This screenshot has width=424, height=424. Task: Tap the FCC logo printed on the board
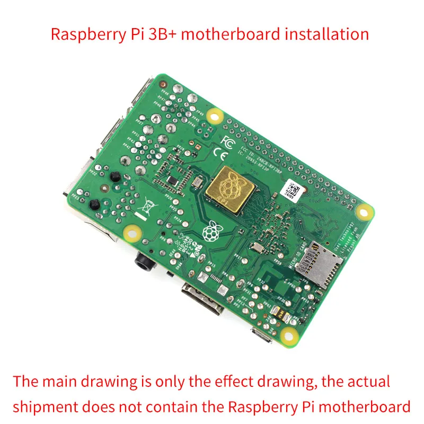pyautogui.click(x=227, y=142)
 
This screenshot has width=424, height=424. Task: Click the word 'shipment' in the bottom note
pyautogui.click(x=46, y=407)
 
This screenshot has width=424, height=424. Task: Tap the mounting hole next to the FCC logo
pyautogui.click(x=215, y=114)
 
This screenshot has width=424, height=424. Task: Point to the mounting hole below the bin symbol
pyautogui.click(x=130, y=232)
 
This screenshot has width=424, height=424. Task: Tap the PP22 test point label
pyautogui.click(x=94, y=172)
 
